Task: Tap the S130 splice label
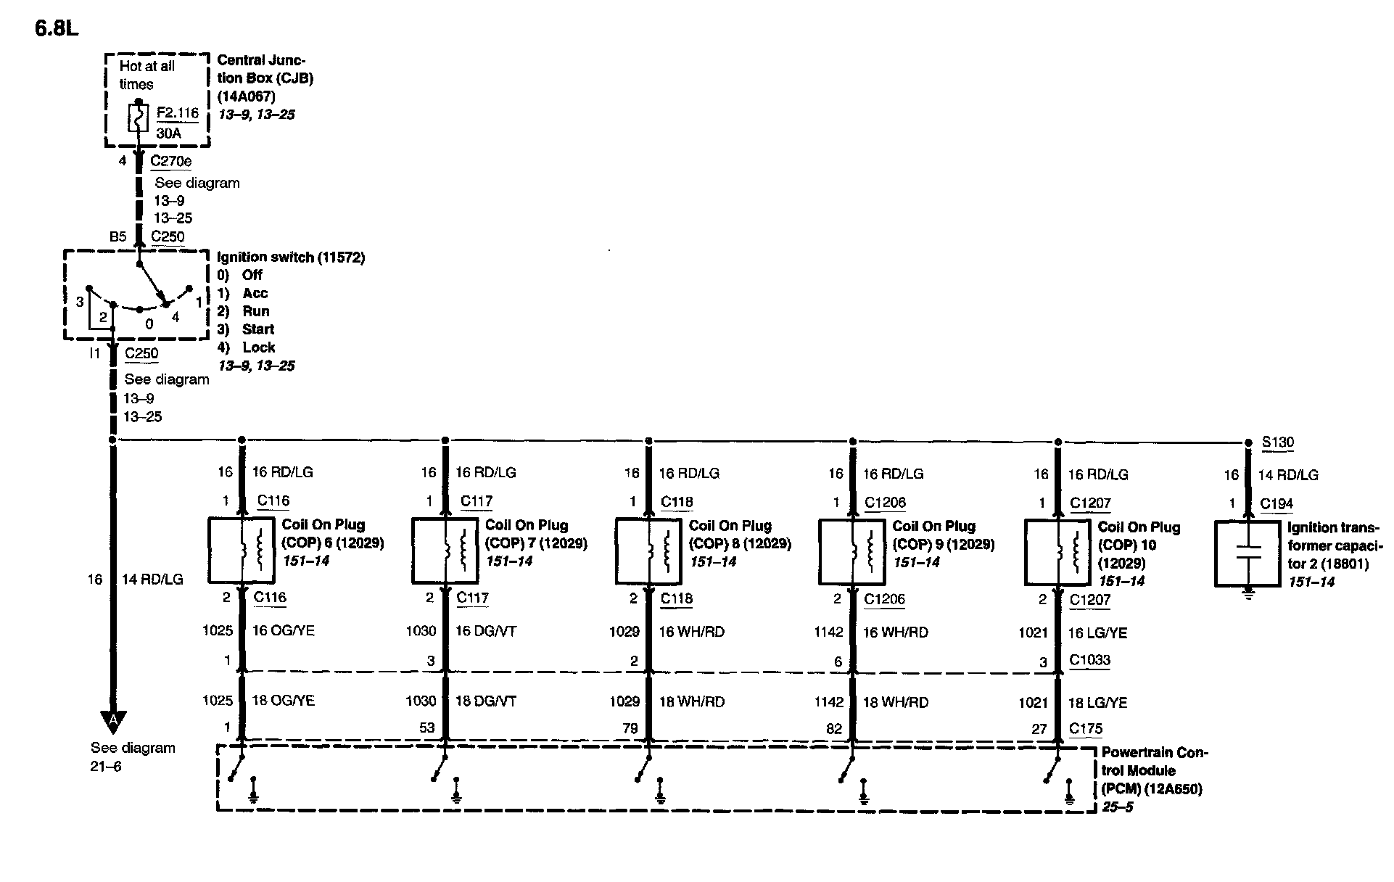tap(1277, 442)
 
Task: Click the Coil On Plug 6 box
tap(241, 550)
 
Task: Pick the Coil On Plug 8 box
tap(648, 551)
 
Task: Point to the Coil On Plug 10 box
tap(1057, 552)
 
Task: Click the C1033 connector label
tap(1089, 661)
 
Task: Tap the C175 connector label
tap(1086, 729)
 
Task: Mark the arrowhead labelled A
tap(112, 721)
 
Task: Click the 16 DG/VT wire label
tap(486, 631)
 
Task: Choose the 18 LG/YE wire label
tap(1097, 703)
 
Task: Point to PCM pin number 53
tap(426, 728)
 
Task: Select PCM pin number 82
tap(834, 728)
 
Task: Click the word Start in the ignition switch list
tap(257, 329)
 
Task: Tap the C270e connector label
tap(171, 161)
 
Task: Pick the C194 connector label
tap(1276, 504)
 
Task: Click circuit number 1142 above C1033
tap(828, 632)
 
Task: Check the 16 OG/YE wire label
tap(283, 630)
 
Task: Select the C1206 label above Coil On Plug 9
tap(885, 503)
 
